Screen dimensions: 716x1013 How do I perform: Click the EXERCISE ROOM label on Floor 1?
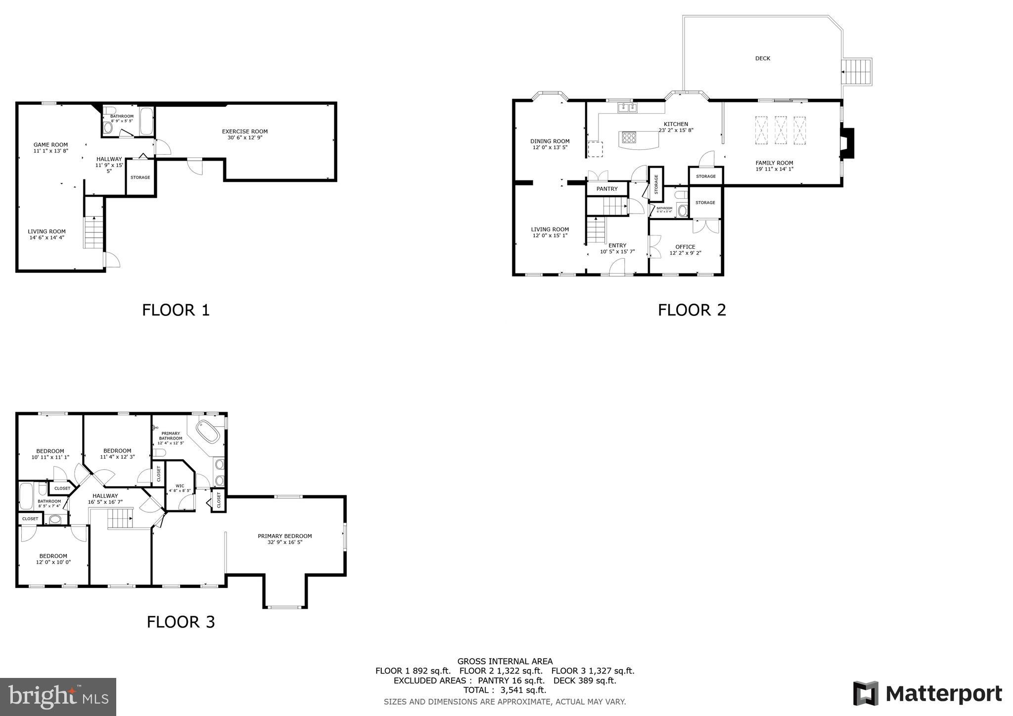click(x=244, y=132)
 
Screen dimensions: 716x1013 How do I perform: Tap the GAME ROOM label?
click(x=50, y=145)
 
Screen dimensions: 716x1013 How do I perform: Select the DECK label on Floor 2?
click(x=762, y=58)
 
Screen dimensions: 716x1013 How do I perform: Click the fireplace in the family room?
click(x=847, y=143)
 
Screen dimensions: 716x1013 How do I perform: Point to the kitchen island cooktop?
click(x=629, y=137)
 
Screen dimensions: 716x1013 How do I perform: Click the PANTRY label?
click(x=606, y=189)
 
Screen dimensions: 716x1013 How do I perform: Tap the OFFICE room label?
click(x=685, y=247)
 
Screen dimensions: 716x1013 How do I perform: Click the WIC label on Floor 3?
click(x=180, y=486)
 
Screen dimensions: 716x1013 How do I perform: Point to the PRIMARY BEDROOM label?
click(x=284, y=536)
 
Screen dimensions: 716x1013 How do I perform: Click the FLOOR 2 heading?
click(x=691, y=310)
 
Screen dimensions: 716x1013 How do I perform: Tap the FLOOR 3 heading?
click(x=181, y=622)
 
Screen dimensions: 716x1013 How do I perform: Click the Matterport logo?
click(x=927, y=694)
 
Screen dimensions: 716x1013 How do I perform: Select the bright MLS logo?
click(x=58, y=697)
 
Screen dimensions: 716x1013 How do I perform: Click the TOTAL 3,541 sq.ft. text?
click(x=505, y=690)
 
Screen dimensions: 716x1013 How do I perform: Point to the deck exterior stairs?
click(x=857, y=72)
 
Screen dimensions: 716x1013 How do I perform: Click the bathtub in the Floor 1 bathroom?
click(x=146, y=122)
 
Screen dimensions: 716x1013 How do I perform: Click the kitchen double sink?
click(x=627, y=107)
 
